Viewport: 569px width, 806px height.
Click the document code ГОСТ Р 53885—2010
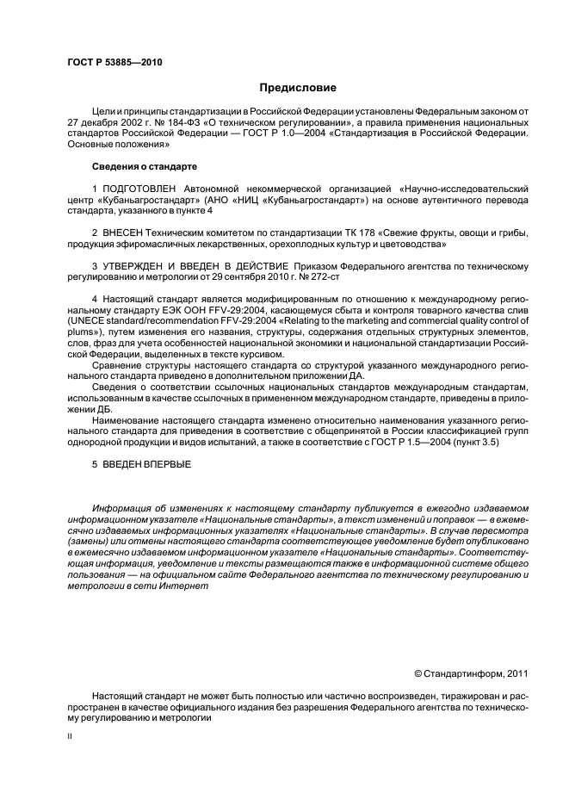point(114,62)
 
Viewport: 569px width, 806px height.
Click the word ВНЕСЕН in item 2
point(125,232)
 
